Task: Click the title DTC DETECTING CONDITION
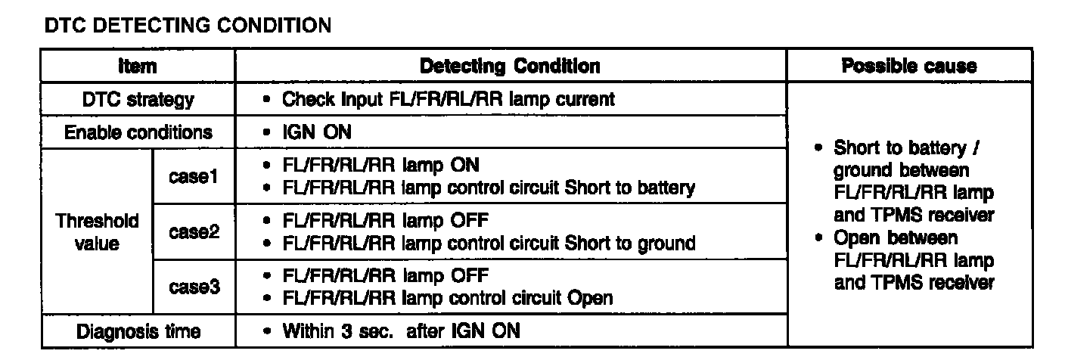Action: click(188, 26)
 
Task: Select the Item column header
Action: click(137, 67)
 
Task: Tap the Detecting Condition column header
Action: click(511, 67)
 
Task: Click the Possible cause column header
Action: click(908, 67)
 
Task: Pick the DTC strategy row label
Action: click(137, 99)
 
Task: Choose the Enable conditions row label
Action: click(137, 132)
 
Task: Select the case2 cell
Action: click(194, 232)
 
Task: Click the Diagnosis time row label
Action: click(137, 331)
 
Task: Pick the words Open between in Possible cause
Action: click(896, 237)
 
